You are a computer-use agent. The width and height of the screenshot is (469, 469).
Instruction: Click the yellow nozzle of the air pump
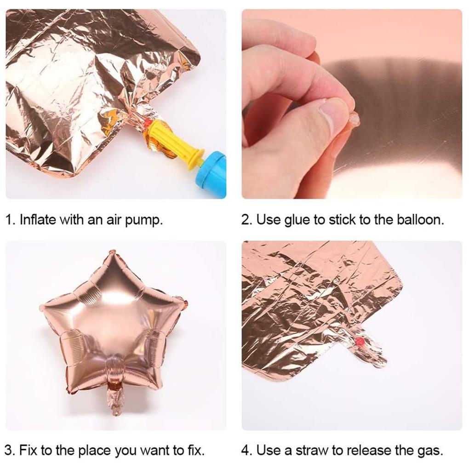pyautogui.click(x=173, y=141)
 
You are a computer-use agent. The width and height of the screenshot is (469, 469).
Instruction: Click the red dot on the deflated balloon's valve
pyautogui.click(x=360, y=341)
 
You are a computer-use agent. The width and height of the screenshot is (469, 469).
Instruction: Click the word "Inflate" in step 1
pyautogui.click(x=38, y=220)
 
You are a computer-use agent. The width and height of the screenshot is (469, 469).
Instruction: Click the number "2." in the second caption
pyautogui.click(x=247, y=220)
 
